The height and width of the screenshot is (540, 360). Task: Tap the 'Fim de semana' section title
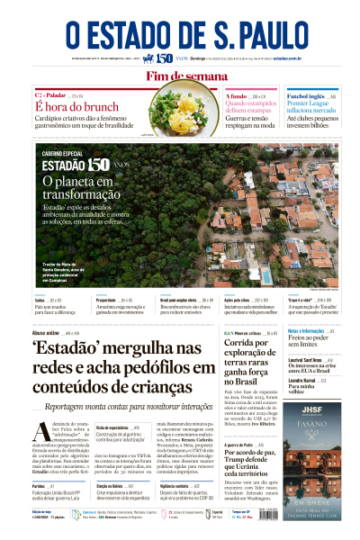pos(179,76)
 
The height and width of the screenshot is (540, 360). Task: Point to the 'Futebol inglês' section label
pos(304,95)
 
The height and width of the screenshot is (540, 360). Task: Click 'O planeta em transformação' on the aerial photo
pos(80,187)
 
